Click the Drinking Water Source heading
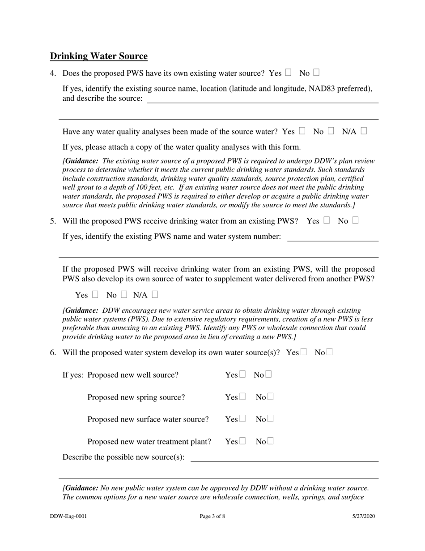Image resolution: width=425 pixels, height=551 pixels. [98, 56]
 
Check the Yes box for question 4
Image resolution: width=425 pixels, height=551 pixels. [289, 72]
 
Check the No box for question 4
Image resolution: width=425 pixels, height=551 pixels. [316, 72]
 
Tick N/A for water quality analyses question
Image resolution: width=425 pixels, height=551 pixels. [364, 131]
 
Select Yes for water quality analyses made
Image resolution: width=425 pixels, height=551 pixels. [302, 131]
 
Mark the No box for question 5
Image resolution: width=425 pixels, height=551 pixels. [355, 220]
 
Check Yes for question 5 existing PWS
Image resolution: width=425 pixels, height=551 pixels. [327, 220]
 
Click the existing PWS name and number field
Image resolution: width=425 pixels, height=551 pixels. [332, 237]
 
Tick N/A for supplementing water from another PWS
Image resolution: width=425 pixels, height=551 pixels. [155, 294]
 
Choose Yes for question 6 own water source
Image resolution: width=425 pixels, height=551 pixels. [304, 352]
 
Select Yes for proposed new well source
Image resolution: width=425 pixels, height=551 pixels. [242, 374]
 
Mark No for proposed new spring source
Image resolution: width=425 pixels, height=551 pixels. [270, 396]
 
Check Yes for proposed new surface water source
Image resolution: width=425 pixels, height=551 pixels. [242, 419]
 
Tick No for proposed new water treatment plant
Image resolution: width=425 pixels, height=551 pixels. [270, 441]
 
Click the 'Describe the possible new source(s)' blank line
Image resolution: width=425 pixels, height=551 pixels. [284, 457]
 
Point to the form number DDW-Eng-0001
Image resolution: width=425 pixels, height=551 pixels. [68, 516]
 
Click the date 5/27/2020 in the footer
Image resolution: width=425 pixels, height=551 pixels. [363, 516]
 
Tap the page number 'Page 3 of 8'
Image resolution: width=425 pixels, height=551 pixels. [212, 516]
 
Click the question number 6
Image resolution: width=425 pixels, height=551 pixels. [53, 353]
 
